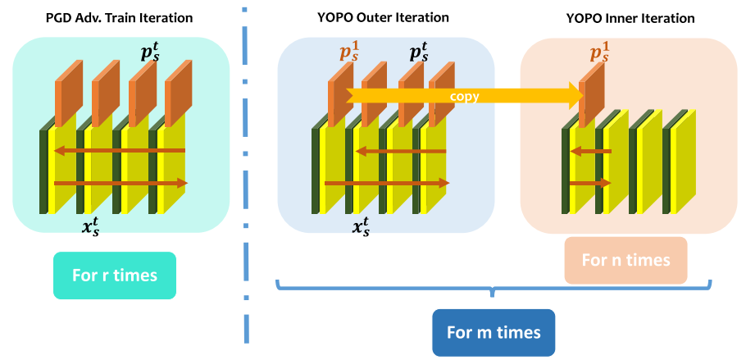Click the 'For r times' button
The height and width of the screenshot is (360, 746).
(115, 274)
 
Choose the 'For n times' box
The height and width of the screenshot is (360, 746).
(625, 260)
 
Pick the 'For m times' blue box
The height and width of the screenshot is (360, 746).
(494, 332)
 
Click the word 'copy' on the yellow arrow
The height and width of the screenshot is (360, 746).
(464, 96)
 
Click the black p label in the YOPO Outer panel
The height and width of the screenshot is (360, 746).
(419, 54)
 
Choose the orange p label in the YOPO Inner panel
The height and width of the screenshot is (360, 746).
(601, 54)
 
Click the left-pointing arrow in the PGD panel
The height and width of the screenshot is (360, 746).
(120, 151)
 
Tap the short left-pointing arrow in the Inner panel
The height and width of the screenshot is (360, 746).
(591, 151)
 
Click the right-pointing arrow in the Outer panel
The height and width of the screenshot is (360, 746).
(385, 183)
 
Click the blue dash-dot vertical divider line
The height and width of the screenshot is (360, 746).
(245, 180)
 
